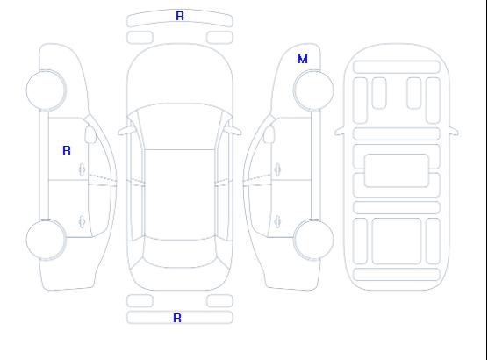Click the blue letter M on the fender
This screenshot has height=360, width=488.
pyautogui.click(x=303, y=59)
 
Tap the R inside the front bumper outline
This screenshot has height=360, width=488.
pyautogui.click(x=180, y=16)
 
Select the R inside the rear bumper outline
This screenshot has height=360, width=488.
pyautogui.click(x=176, y=318)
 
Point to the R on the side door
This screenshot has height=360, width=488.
pyautogui.click(x=67, y=150)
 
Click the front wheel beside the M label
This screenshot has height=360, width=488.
pyautogui.click(x=313, y=90)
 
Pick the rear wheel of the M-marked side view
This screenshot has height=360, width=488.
pyautogui.click(x=313, y=239)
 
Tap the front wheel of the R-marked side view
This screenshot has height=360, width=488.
pyautogui.click(x=46, y=90)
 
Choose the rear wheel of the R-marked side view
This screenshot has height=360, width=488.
pyautogui.click(x=46, y=239)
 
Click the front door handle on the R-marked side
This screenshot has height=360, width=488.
pyautogui.click(x=83, y=169)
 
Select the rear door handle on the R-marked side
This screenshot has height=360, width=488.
pyautogui.click(x=83, y=221)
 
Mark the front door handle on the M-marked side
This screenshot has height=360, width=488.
pyautogui.click(x=277, y=169)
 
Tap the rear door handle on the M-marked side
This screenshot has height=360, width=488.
pyautogui.click(x=277, y=221)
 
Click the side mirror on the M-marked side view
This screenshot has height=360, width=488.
pyautogui.click(x=269, y=134)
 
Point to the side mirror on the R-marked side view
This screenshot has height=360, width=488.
pyautogui.click(x=90, y=134)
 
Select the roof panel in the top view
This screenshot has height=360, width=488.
pyautogui.click(x=180, y=195)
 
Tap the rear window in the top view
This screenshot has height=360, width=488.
pyautogui.click(x=180, y=253)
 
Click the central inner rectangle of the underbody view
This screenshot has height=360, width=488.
pyautogui.click(x=396, y=170)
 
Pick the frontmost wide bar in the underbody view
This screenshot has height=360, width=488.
pyautogui.click(x=397, y=67)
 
